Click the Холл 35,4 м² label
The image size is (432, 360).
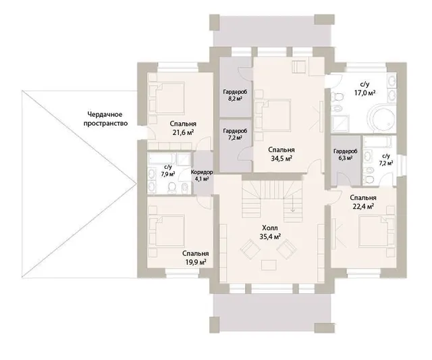[270, 232]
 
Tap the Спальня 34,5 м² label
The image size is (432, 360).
[281, 154]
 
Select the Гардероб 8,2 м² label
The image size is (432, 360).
[235, 95]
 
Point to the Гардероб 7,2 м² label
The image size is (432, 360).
[235, 134]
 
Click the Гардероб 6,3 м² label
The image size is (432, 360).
[345, 155]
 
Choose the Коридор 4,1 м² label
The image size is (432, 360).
[202, 176]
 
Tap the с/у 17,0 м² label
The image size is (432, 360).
[365, 88]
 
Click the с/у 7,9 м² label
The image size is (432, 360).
[168, 171]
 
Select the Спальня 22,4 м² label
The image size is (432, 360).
[363, 202]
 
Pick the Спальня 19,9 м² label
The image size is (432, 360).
[196, 258]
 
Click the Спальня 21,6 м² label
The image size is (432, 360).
[183, 128]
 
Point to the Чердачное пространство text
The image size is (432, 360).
[105, 119]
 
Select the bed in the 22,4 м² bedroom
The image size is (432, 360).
[374, 231]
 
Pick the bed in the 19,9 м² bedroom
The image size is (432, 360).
[170, 231]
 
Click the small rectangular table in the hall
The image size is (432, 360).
[269, 265]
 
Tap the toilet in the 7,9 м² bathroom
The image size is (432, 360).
[172, 187]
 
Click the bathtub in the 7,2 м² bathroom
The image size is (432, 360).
[377, 143]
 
